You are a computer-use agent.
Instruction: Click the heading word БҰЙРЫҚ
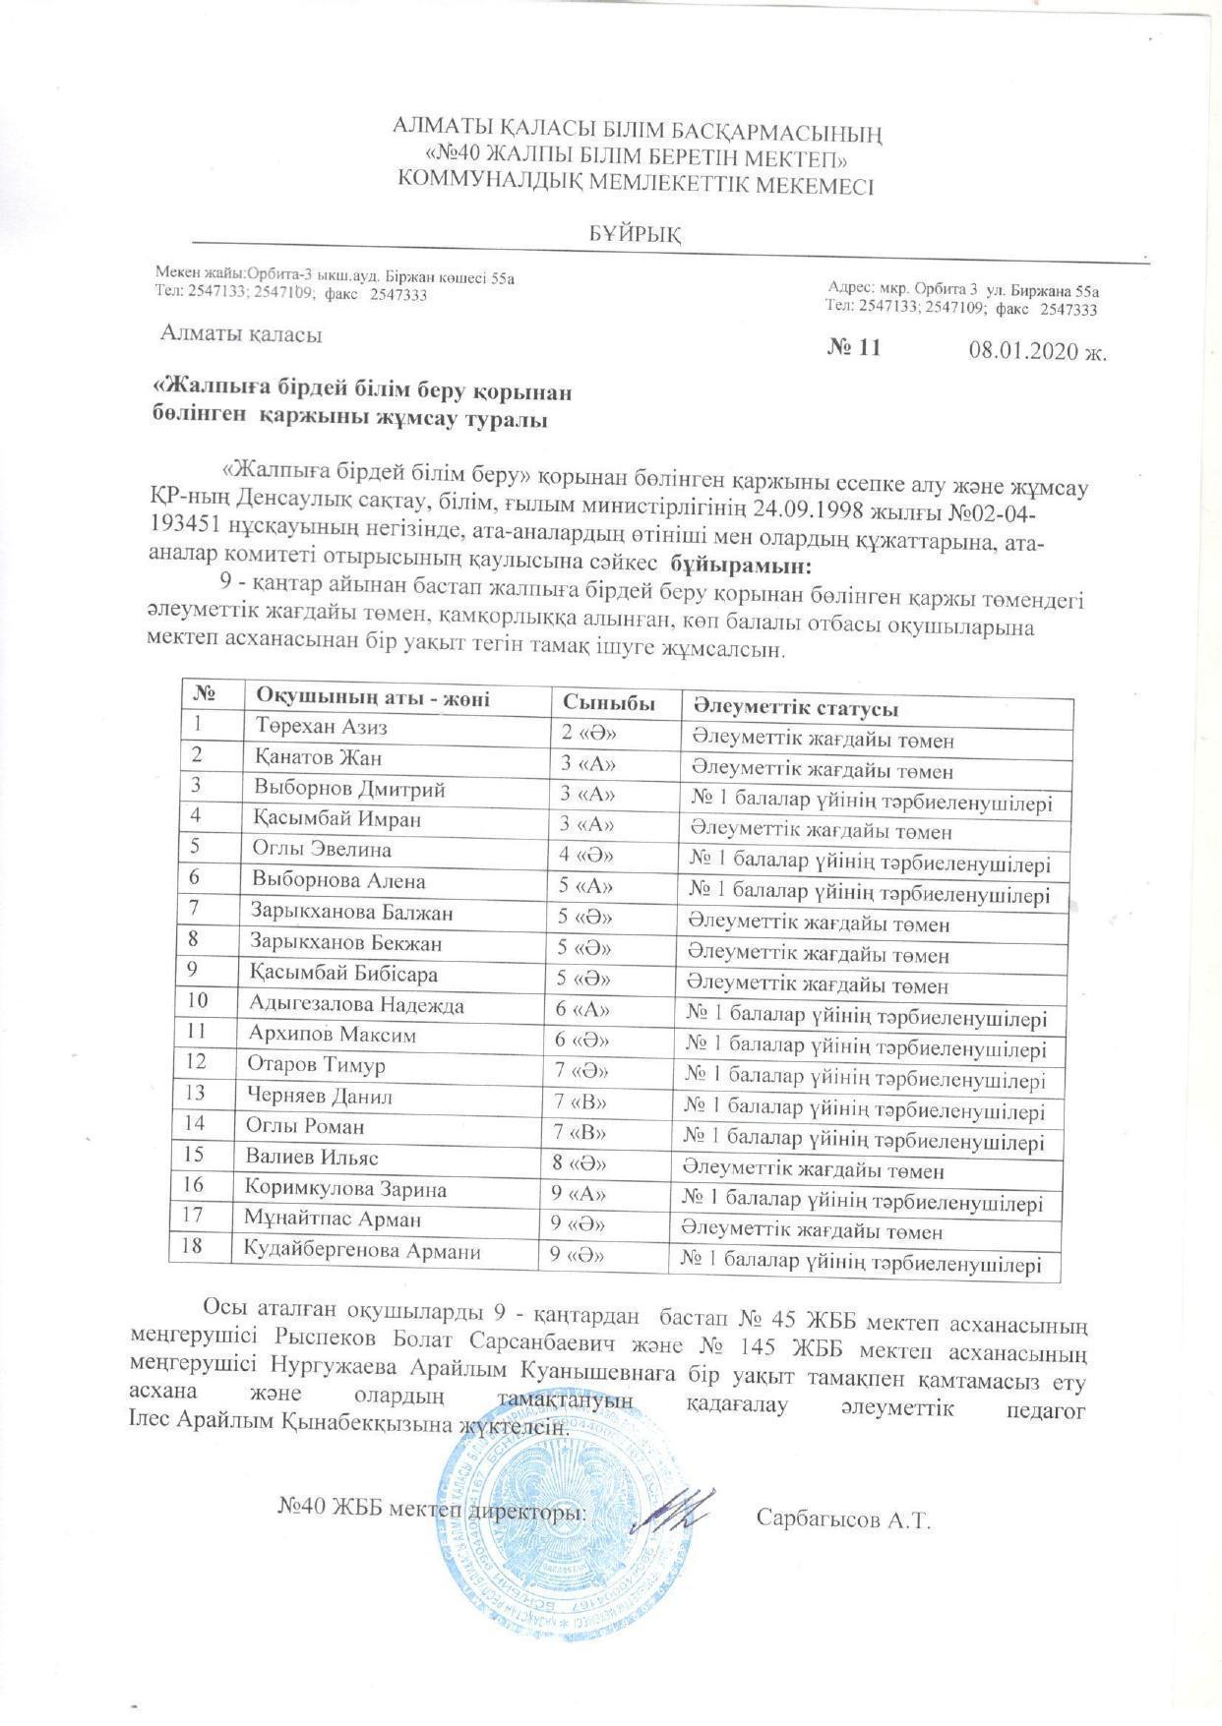[x=636, y=234]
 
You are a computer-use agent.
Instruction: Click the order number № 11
[x=855, y=348]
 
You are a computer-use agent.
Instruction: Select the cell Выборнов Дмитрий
[x=349, y=789]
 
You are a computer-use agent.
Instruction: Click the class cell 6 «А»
[x=583, y=1010]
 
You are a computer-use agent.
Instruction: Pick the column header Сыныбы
[x=609, y=703]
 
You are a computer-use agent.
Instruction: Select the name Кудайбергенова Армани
[x=362, y=1251]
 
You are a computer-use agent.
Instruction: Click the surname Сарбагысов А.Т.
[x=843, y=1520]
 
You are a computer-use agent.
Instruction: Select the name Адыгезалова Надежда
[x=357, y=1005]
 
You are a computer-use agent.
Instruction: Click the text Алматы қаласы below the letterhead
[x=242, y=335]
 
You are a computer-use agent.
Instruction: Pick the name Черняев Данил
[x=323, y=1097]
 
